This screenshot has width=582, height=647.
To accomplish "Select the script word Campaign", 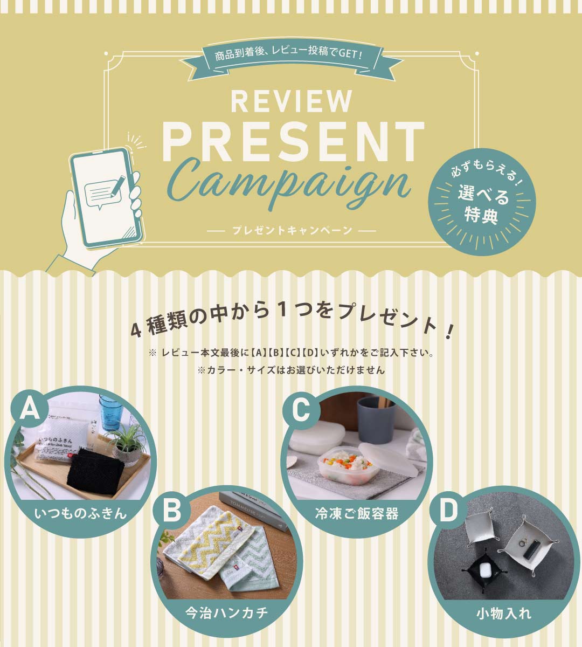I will coord(293,183).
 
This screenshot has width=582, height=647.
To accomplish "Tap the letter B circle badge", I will coord(172,510).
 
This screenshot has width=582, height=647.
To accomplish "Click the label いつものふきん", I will coord(80,513).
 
